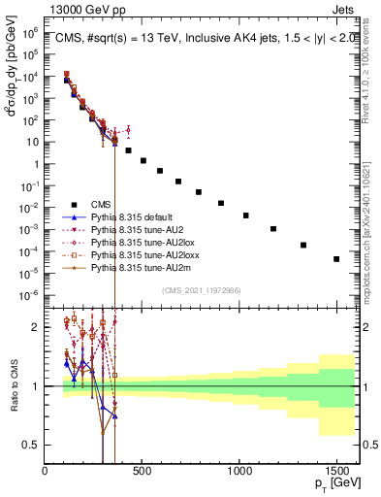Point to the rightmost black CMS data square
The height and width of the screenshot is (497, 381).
pos(336,259)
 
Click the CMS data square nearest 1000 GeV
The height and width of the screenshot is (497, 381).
pos(245,215)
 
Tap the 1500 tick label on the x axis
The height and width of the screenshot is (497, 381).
pos(336,471)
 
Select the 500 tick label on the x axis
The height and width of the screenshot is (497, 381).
pos(142,471)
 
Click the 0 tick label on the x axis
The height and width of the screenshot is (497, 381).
pos(45,471)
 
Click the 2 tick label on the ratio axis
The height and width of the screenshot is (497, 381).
pos(38,327)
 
